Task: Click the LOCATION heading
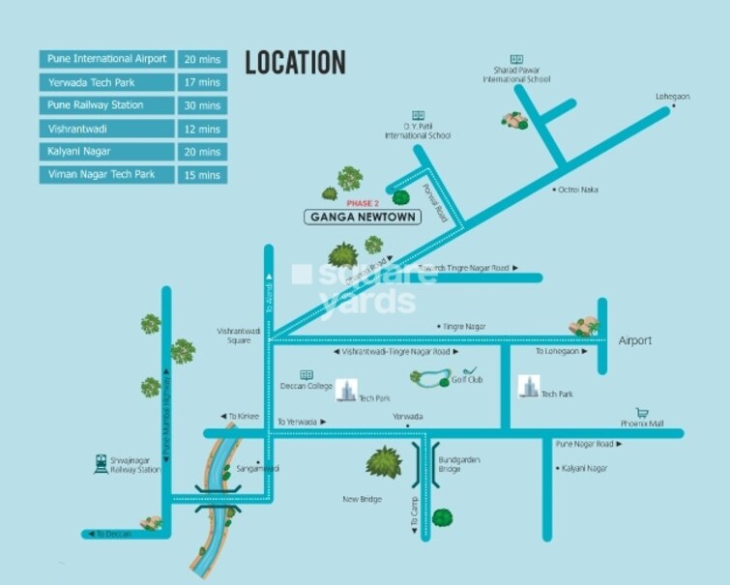pyautogui.click(x=295, y=63)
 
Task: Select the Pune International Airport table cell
pyautogui.click(x=107, y=59)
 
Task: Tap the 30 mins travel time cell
pyautogui.click(x=202, y=105)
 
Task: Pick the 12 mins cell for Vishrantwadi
pyautogui.click(x=202, y=129)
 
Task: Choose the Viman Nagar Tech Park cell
pyautogui.click(x=107, y=175)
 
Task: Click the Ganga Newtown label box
pyautogui.click(x=363, y=218)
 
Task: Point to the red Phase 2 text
pyautogui.click(x=363, y=204)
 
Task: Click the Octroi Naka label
pyautogui.click(x=578, y=190)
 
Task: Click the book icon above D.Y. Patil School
pyautogui.click(x=418, y=115)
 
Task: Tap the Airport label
pyautogui.click(x=635, y=340)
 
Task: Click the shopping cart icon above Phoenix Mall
pyautogui.click(x=641, y=413)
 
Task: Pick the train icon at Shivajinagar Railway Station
pyautogui.click(x=101, y=464)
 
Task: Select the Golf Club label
pyautogui.click(x=467, y=380)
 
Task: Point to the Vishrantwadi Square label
pyautogui.click(x=234, y=336)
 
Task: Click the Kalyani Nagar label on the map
pyautogui.click(x=585, y=468)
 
